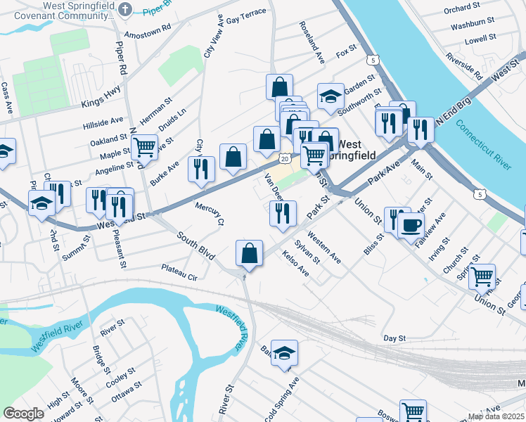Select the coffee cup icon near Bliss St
click(411, 225)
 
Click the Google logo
click(23, 413)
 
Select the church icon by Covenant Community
click(125, 9)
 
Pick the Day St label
click(395, 338)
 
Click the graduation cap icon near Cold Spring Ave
click(284, 353)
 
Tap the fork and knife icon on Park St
click(283, 213)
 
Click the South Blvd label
click(195, 245)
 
